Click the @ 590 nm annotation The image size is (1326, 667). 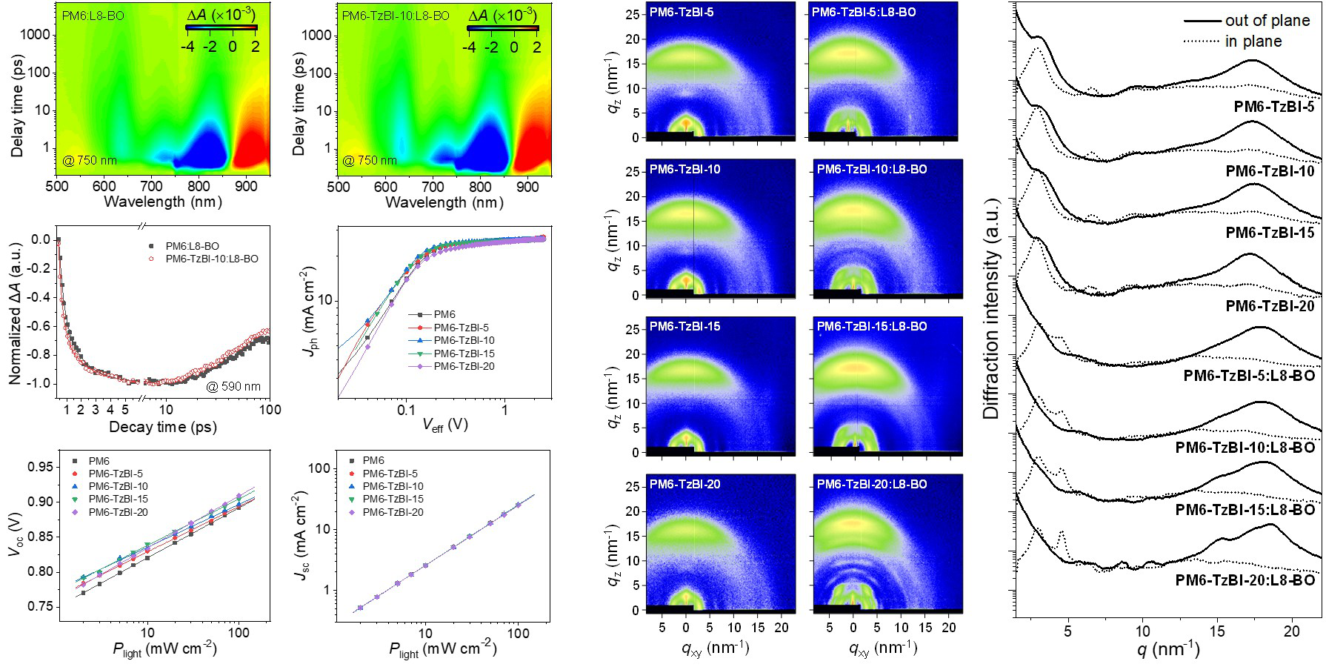click(233, 386)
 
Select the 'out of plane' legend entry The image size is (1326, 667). click(1267, 21)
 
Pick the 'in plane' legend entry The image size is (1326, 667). click(1253, 42)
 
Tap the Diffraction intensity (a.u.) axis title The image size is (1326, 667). click(991, 308)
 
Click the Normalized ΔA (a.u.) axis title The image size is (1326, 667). click(15, 313)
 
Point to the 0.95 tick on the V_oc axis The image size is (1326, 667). click(41, 467)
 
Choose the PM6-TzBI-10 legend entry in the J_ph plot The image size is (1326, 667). click(464, 340)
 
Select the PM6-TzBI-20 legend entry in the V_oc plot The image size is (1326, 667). click(118, 512)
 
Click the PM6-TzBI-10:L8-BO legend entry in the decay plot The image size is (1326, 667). click(212, 259)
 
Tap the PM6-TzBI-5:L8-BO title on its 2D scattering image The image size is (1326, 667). click(864, 13)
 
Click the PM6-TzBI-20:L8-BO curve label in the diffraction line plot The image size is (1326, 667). click(1245, 580)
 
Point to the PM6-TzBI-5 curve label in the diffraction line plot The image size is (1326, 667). click(1273, 107)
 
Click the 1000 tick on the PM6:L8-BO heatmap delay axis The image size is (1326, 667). click(36, 35)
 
